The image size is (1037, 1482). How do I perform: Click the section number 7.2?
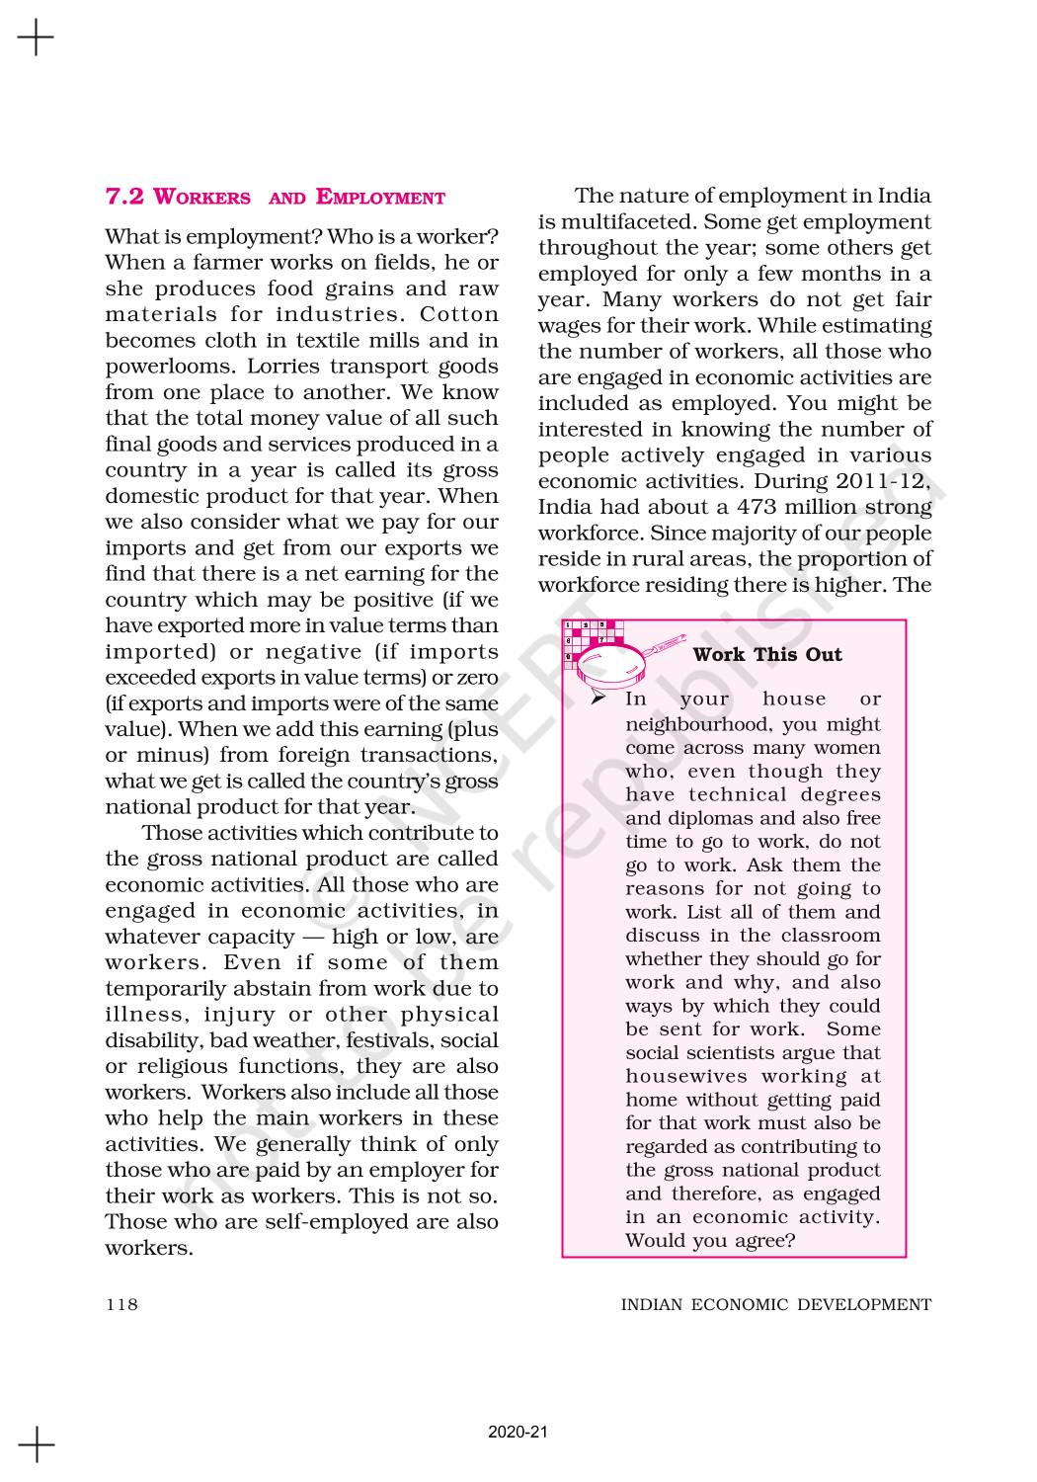[125, 197]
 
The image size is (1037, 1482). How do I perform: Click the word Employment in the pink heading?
[380, 197]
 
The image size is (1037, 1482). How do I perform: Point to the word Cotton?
[459, 314]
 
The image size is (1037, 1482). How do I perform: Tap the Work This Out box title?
[767, 654]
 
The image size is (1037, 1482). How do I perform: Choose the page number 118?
[121, 1304]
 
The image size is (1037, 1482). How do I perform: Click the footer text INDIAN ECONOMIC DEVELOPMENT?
[775, 1304]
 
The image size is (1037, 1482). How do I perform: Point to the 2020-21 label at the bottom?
[518, 1432]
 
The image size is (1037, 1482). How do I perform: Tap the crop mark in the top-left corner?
[36, 38]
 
